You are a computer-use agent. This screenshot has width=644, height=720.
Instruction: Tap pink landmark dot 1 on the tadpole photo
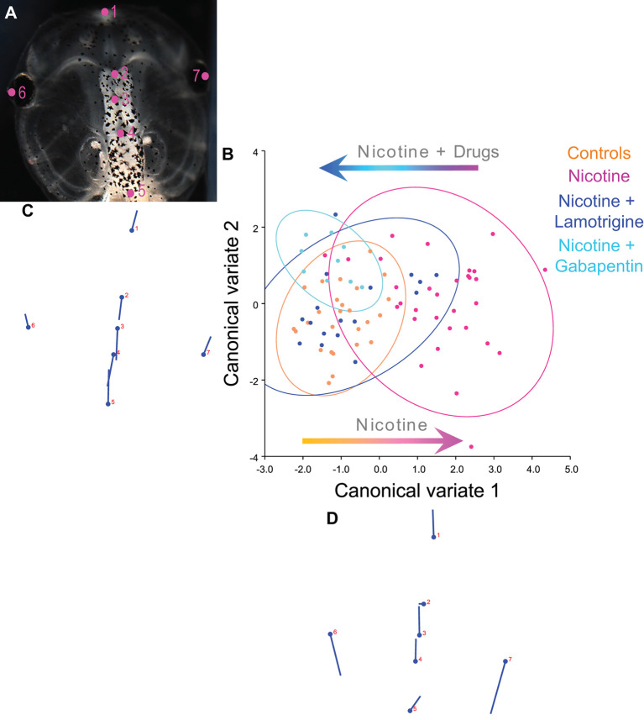pos(106,12)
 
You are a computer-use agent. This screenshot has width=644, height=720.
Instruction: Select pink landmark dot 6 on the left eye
pos(12,92)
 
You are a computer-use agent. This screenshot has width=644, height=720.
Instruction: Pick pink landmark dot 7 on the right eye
pos(205,76)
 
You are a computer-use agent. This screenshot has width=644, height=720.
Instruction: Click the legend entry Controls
pos(599,154)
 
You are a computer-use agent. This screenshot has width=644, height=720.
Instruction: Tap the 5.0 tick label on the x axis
pos(569,470)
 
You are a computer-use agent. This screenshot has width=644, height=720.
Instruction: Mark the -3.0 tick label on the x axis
pos(265,470)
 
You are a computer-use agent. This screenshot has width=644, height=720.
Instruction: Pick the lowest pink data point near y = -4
pos(471,447)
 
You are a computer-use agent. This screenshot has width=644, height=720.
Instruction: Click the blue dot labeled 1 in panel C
pos(132,230)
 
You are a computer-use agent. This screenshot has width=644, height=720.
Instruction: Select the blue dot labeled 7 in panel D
pos(505,661)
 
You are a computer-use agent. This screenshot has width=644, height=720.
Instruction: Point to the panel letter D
pos(332,518)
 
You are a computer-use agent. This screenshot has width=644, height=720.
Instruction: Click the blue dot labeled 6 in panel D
pos(330,634)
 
